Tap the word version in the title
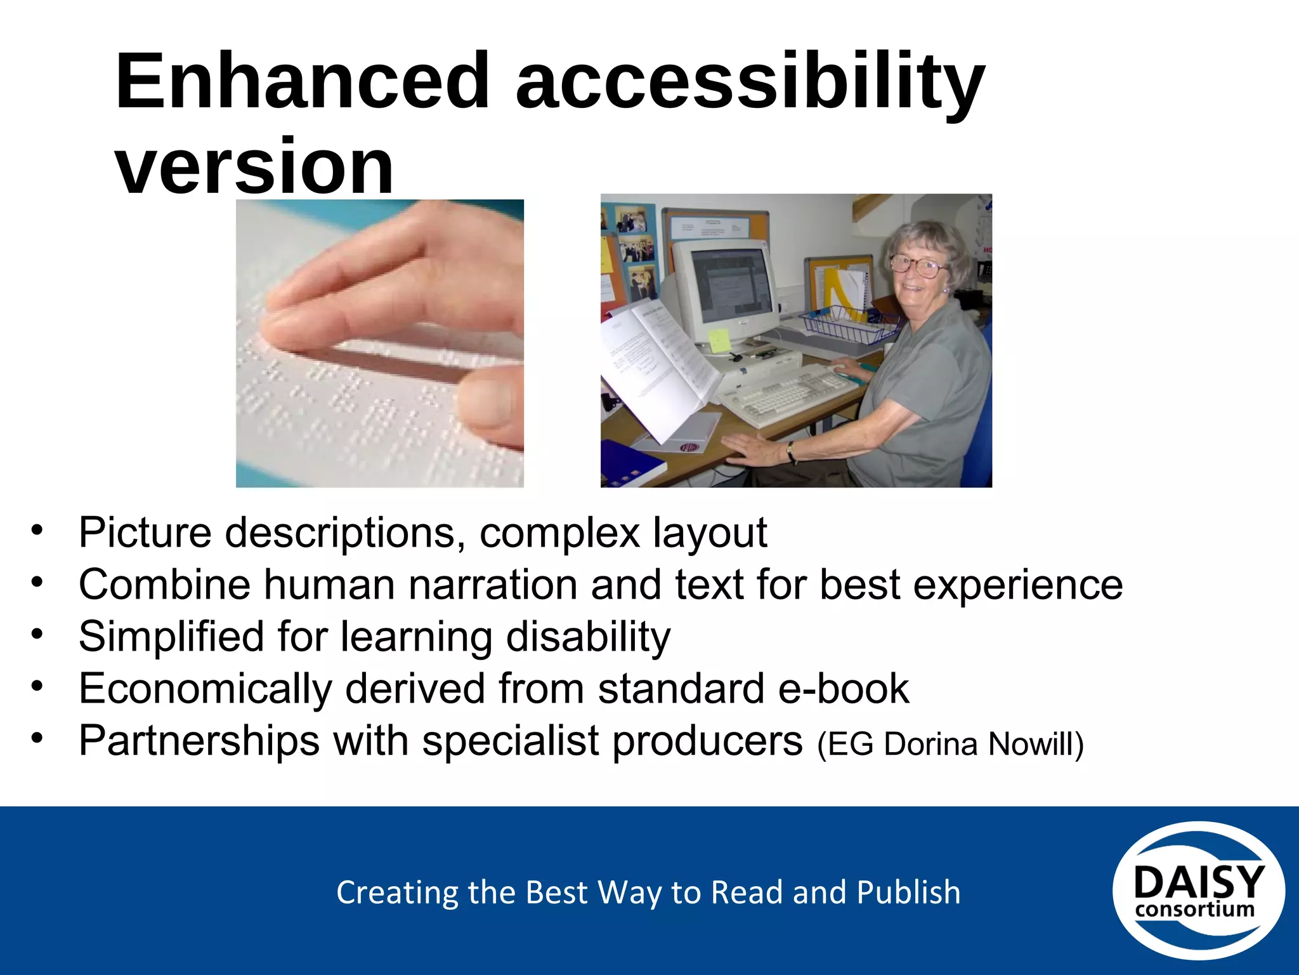coord(254,166)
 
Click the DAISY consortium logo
coord(1198,891)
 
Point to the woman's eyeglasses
coord(917,265)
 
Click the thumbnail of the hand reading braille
coord(379,343)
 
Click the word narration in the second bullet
coord(493,585)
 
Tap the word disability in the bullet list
coord(588,637)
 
